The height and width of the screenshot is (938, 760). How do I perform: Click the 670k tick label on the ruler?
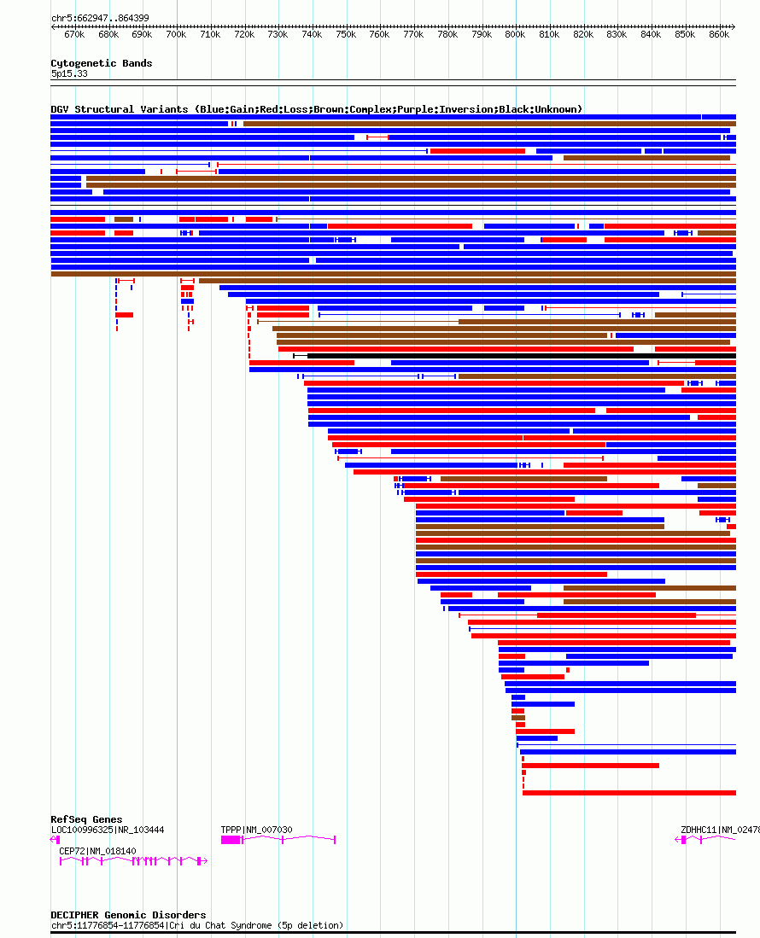(74, 34)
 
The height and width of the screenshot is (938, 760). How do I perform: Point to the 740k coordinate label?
(312, 34)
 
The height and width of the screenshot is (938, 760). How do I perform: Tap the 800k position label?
(515, 34)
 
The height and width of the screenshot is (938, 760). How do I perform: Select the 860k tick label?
(719, 34)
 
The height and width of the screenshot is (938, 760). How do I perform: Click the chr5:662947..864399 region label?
(100, 18)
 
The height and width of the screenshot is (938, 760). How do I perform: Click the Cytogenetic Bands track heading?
(101, 63)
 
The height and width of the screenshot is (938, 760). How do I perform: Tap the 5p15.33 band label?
(68, 73)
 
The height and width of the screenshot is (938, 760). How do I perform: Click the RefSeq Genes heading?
(86, 819)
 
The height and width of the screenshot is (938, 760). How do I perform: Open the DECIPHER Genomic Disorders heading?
(128, 915)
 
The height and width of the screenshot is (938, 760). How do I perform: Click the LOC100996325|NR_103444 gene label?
(108, 830)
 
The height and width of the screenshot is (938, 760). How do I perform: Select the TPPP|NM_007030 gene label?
(256, 830)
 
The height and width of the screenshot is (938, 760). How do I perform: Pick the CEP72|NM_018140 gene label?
(97, 851)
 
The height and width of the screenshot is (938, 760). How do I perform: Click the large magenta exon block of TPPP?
(231, 840)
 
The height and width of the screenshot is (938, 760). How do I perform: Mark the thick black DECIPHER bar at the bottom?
(393, 933)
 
